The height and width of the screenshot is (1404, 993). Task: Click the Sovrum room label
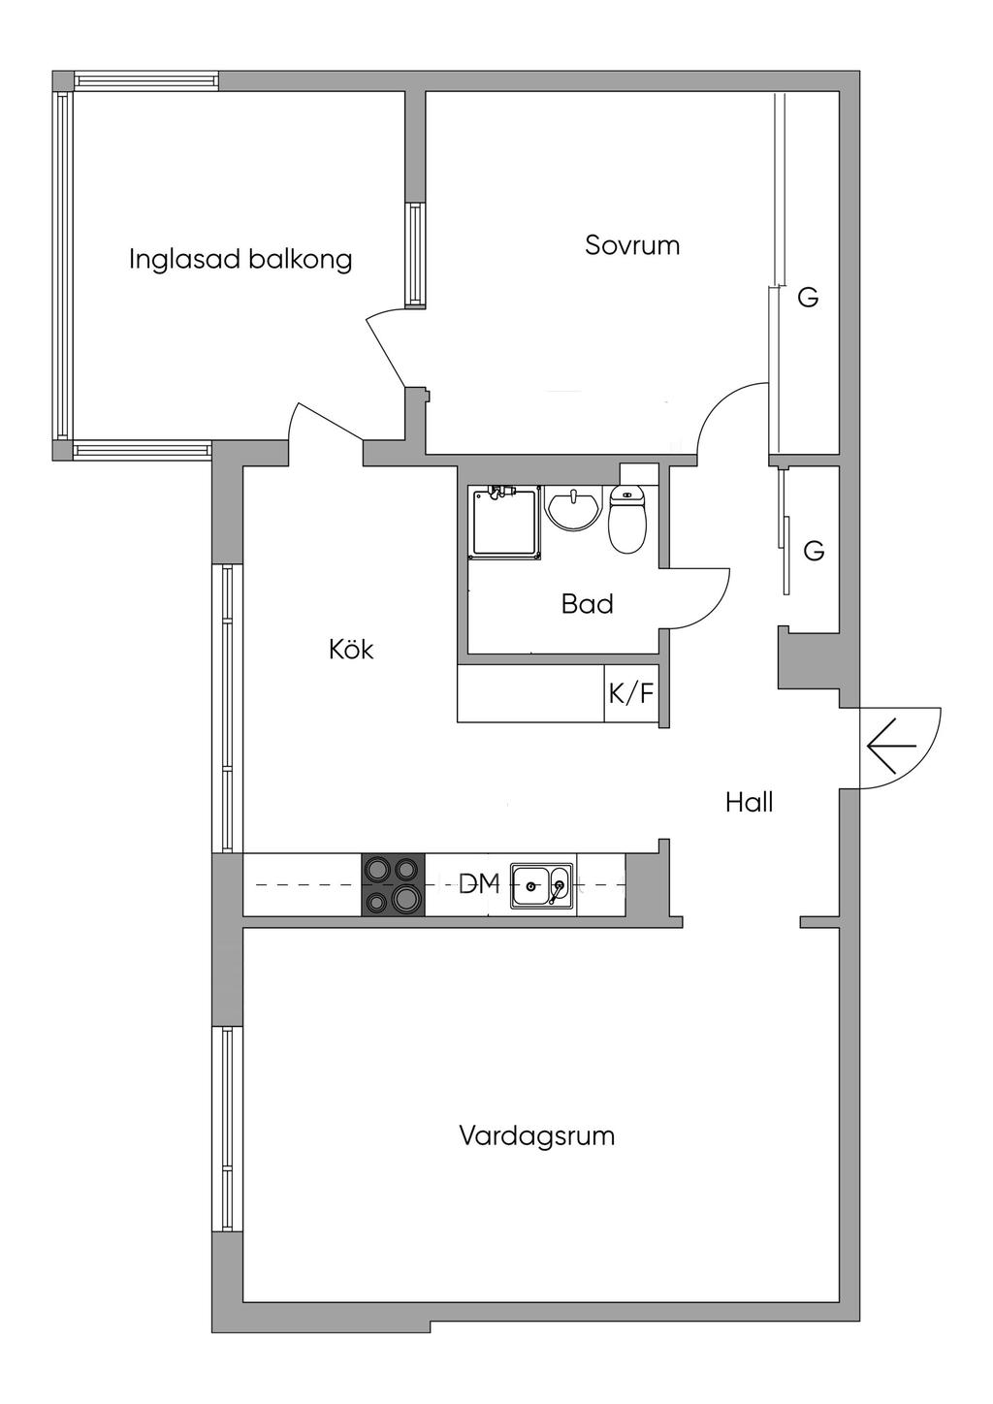click(632, 245)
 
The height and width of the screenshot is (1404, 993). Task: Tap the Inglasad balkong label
click(240, 260)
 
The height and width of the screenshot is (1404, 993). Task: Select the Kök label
click(351, 650)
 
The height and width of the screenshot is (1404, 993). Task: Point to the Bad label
click(588, 604)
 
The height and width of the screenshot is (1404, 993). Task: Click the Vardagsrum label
click(537, 1136)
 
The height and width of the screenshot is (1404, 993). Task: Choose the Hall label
click(750, 802)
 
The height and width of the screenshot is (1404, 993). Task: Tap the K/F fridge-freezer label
click(631, 693)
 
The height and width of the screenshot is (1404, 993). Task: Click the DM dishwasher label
click(480, 883)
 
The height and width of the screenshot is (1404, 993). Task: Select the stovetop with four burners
click(393, 884)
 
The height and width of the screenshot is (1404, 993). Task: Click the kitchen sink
click(542, 885)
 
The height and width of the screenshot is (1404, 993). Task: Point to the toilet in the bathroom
click(627, 519)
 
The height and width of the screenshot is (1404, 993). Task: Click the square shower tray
click(507, 522)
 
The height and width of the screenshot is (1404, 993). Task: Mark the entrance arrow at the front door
click(891, 747)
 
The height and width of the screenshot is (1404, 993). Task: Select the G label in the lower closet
click(814, 551)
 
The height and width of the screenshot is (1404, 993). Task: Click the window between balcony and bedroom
click(415, 254)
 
